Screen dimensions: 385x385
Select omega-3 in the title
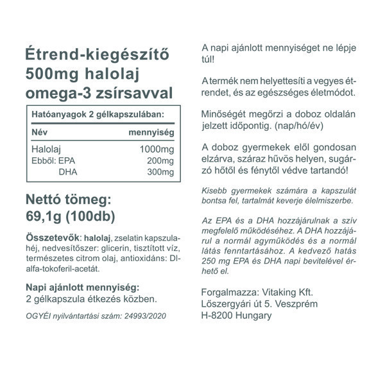tap(56, 94)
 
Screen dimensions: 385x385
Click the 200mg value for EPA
tap(160, 160)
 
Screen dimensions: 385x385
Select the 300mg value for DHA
tap(160, 172)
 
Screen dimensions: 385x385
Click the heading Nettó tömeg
tap(69, 198)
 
